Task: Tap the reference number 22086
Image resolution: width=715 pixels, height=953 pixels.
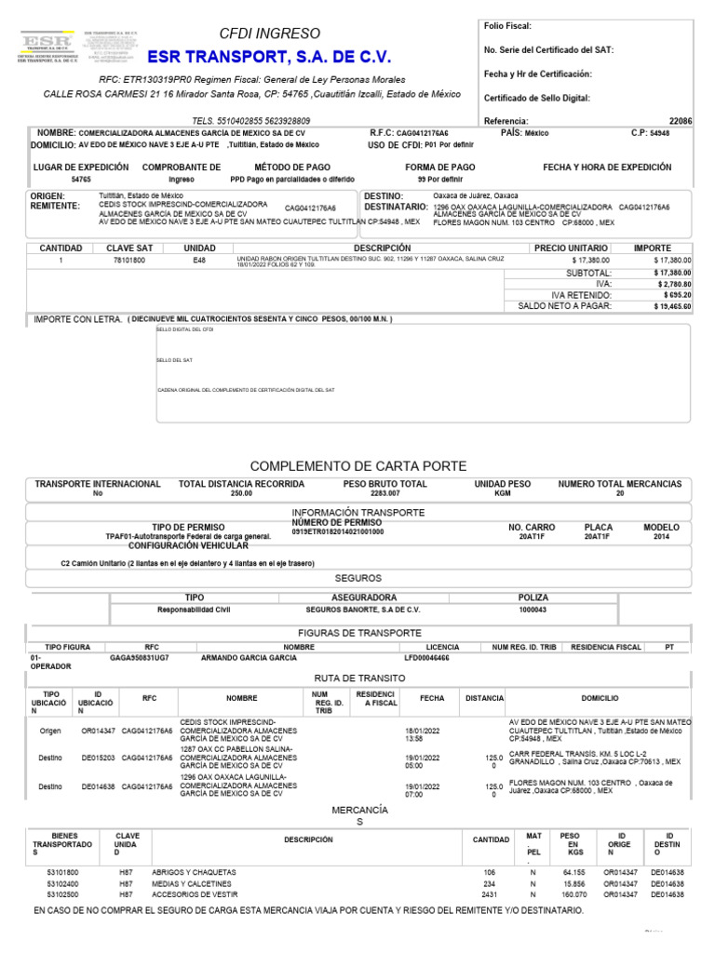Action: click(681, 121)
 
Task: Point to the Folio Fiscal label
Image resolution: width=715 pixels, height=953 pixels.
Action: click(508, 26)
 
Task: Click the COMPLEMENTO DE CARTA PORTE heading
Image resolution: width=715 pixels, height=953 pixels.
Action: click(358, 465)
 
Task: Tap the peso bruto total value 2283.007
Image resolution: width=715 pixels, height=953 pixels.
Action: click(384, 494)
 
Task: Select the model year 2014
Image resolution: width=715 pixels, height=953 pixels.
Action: click(661, 537)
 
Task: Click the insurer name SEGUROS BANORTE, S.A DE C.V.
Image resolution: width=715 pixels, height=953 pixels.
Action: click(363, 610)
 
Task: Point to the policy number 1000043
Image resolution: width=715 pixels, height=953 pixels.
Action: click(533, 610)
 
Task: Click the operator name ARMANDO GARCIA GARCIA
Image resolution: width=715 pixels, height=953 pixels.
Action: click(249, 657)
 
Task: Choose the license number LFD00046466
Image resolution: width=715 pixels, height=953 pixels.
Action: click(426, 657)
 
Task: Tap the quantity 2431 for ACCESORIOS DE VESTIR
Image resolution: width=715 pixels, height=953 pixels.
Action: click(488, 893)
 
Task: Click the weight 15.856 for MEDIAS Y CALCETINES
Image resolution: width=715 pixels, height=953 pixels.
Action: click(573, 883)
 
